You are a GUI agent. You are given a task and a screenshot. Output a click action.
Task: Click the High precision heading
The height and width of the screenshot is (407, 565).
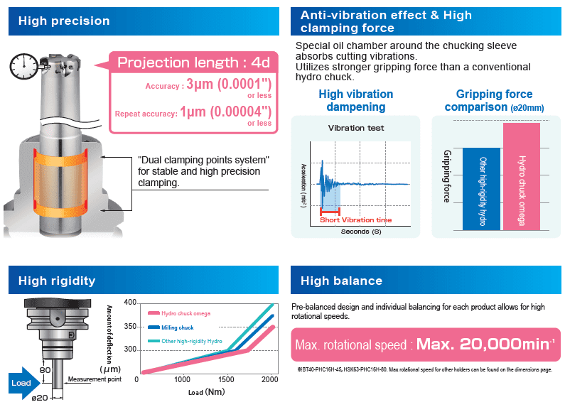tap(65, 21)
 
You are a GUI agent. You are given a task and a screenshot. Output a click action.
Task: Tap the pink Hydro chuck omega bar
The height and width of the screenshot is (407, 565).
tap(522, 176)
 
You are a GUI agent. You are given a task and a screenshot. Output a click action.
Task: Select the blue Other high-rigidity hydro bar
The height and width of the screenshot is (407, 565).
tap(481, 188)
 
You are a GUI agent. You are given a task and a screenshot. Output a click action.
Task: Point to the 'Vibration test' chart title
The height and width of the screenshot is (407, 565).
tap(356, 128)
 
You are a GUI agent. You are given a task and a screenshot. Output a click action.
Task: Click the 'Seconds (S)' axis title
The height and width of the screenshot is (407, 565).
tap(360, 232)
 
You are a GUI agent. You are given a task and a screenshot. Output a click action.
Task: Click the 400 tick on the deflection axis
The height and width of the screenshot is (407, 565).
tap(129, 303)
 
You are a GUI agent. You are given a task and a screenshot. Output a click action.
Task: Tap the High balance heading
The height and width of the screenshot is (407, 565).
tap(341, 281)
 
